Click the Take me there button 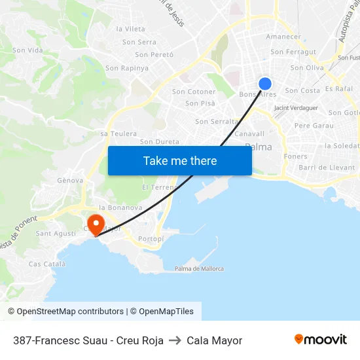point(180,160)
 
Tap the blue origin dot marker point(265,83)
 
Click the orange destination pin point(96,225)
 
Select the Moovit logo point(320,340)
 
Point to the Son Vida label point(27,50)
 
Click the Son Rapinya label point(127,68)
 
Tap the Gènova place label point(70,180)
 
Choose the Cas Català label point(47,264)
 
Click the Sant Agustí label point(56,233)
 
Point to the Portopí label point(151,239)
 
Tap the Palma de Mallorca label point(199,268)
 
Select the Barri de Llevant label point(327,168)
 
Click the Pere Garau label point(314,125)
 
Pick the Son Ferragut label point(293,52)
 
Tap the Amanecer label point(283,37)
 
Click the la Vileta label point(130,29)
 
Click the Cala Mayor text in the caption point(214,340)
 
